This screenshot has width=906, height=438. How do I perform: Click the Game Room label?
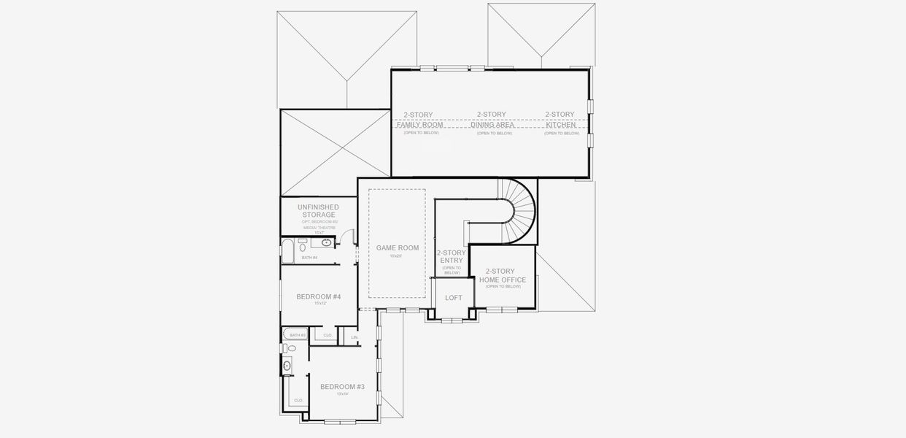click(398, 248)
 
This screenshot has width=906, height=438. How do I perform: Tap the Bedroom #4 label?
click(319, 296)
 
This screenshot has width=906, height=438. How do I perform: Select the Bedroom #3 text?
click(342, 386)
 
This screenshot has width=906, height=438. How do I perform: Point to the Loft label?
click(454, 298)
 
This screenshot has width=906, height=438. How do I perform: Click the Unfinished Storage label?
click(318, 211)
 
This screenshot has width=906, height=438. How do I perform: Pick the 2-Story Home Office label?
click(503, 275)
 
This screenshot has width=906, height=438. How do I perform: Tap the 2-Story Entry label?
click(451, 256)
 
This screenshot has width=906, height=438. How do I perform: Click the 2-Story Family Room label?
click(419, 120)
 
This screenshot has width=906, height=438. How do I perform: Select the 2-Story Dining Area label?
click(492, 120)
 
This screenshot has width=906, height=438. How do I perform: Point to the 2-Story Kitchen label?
click(560, 120)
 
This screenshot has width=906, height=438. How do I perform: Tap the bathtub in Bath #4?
click(287, 250)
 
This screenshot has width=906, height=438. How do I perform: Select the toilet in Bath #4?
click(302, 245)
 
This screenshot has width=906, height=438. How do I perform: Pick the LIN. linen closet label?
click(355, 337)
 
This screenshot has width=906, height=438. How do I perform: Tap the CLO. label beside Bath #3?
click(328, 335)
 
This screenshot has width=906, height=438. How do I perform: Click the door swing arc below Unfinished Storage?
click(349, 237)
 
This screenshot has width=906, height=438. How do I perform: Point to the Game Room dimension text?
click(395, 256)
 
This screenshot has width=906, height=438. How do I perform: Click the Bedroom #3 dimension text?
click(342, 394)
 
